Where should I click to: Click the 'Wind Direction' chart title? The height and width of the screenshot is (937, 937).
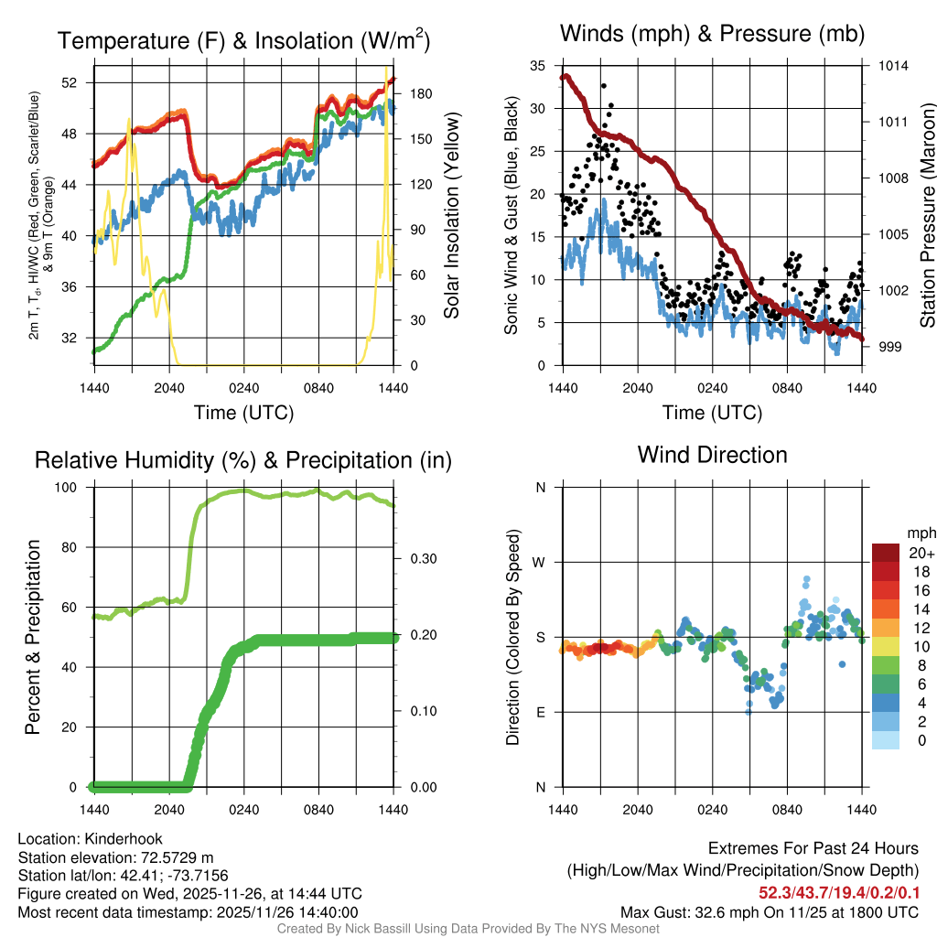pyautogui.click(x=712, y=455)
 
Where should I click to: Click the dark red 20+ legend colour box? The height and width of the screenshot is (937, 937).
pyautogui.click(x=887, y=553)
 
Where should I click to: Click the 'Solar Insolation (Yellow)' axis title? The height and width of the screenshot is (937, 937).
pyautogui.click(x=451, y=216)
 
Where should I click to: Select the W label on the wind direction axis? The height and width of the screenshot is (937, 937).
pyautogui.click(x=540, y=563)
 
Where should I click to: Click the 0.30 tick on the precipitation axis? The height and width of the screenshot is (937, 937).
pyautogui.click(x=418, y=559)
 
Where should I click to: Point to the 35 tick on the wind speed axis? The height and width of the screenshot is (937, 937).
pyautogui.click(x=538, y=66)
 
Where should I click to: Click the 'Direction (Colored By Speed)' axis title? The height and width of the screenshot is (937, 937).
pyautogui.click(x=513, y=637)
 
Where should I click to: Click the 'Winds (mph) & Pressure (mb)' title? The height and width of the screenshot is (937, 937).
pyautogui.click(x=712, y=34)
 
